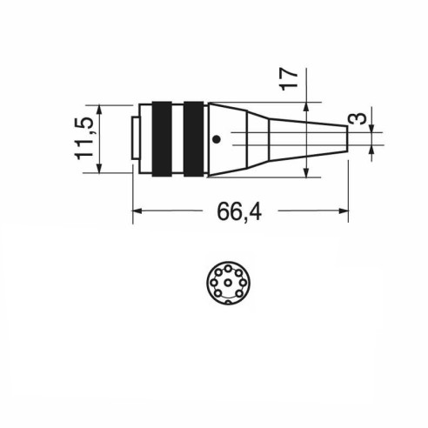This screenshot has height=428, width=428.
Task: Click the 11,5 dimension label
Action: pyautogui.click(x=84, y=138)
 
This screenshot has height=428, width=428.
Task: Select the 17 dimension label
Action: pyautogui.click(x=288, y=79)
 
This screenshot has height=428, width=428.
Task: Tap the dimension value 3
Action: pyautogui.click(x=360, y=118)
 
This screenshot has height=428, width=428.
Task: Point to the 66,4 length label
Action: pyautogui.click(x=239, y=211)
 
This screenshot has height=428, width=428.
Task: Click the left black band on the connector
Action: pyautogui.click(x=162, y=139)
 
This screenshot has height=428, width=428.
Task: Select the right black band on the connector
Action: pyautogui.click(x=193, y=139)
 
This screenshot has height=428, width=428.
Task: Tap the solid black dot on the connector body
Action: pyautogui.click(x=217, y=139)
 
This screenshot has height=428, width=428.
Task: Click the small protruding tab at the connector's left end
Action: pyautogui.click(x=135, y=138)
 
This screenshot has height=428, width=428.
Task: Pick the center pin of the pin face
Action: pyautogui.click(x=228, y=282)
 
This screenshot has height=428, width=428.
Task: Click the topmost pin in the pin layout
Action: pyautogui.click(x=228, y=268)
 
